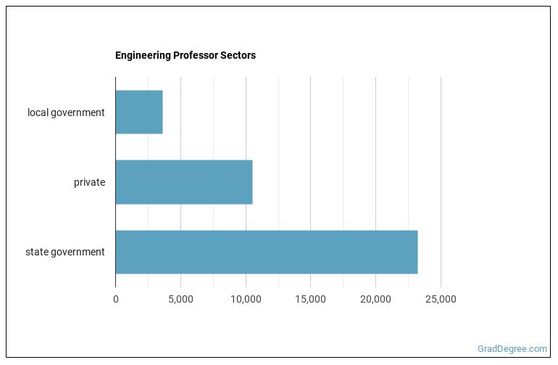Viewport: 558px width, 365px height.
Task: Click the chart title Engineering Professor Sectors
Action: click(185, 55)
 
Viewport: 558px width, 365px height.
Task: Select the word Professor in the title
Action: click(195, 55)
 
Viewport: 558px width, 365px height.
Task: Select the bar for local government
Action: click(138, 112)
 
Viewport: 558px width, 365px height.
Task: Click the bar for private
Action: click(183, 182)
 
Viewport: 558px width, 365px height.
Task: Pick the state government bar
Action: click(266, 252)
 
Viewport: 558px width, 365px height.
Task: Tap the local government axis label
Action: click(66, 112)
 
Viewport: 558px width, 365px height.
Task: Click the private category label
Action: click(89, 182)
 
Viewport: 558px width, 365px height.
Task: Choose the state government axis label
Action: click(64, 252)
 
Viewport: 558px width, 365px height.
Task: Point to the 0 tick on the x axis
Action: click(115, 299)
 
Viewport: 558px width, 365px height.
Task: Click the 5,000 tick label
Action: click(180, 299)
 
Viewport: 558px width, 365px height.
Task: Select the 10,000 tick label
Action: click(246, 299)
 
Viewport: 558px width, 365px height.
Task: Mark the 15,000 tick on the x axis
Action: click(310, 299)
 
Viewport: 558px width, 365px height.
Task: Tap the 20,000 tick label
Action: click(375, 299)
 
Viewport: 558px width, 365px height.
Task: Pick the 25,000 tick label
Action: click(441, 299)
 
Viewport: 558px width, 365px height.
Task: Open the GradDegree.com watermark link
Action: click(512, 348)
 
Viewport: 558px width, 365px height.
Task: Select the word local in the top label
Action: click(38, 112)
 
